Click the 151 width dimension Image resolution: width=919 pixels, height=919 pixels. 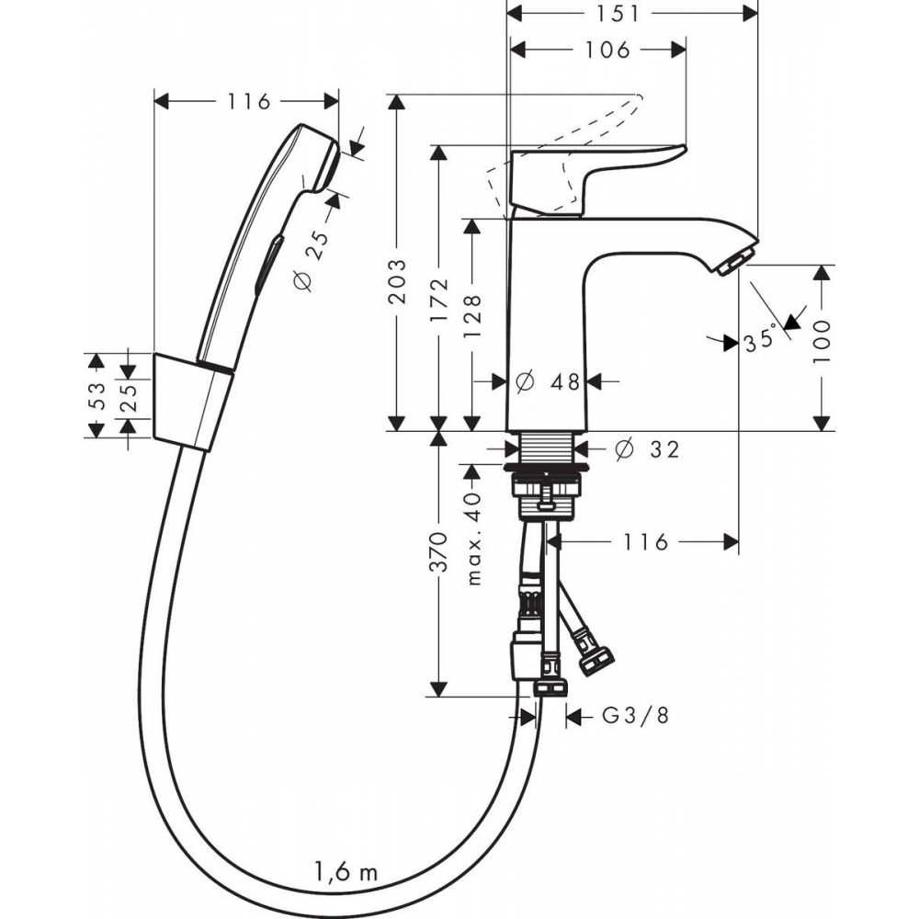618,14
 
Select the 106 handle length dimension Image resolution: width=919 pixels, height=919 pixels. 607,50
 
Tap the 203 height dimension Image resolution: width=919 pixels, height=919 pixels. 397,281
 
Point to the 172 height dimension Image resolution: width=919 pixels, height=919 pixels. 439,301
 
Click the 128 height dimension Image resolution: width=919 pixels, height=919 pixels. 472,316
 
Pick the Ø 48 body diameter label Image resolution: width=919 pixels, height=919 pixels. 548,382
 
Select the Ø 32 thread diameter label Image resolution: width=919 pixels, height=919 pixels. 647,449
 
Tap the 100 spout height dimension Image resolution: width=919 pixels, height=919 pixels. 822,342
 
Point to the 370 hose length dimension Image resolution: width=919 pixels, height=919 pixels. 439,552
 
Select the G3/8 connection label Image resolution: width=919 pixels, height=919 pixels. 636,716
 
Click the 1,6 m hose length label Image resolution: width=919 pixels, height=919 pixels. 346,872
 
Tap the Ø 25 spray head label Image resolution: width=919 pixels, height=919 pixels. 312,261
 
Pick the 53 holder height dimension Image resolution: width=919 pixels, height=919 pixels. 96,396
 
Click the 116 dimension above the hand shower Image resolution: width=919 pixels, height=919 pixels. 249,101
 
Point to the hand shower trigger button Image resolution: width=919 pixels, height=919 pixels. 268,264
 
